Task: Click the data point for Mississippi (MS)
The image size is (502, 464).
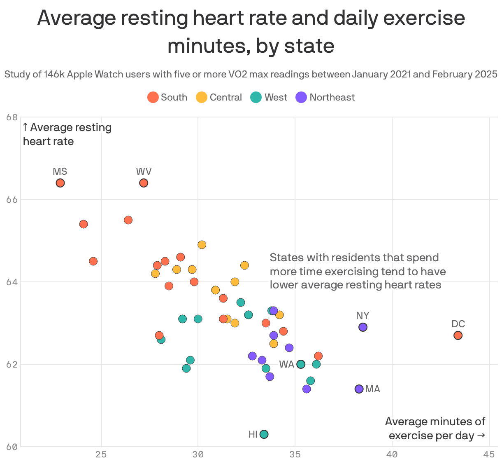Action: click(60, 183)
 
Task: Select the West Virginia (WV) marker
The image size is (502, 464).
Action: click(144, 183)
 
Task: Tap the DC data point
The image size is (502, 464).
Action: click(458, 335)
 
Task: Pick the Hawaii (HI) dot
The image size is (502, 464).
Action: click(264, 434)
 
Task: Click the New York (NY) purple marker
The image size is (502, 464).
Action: click(363, 327)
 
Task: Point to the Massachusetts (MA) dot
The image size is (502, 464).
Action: click(359, 389)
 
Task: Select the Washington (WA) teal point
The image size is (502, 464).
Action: click(301, 364)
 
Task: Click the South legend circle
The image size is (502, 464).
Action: click(153, 98)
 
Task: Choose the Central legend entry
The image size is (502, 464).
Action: click(219, 98)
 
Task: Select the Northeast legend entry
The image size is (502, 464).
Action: click(325, 98)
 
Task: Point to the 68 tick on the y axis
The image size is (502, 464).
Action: click(12, 117)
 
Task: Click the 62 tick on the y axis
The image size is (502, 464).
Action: click(12, 365)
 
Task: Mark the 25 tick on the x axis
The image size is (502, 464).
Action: click(101, 455)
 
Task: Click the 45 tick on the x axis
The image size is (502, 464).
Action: click(488, 455)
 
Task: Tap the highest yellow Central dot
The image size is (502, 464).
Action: click(202, 245)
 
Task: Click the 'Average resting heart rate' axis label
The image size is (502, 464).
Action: click(67, 134)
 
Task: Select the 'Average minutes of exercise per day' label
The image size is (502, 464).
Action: click(435, 429)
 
